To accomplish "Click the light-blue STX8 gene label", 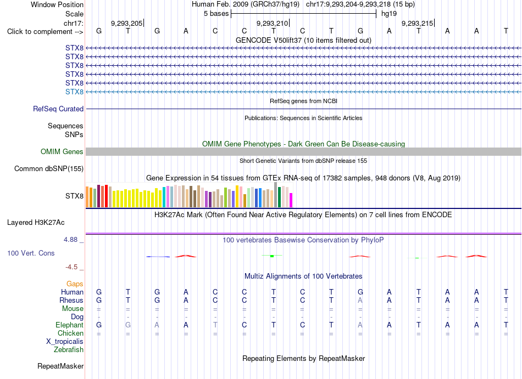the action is (x=74, y=92).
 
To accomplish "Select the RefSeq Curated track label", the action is (x=58, y=109).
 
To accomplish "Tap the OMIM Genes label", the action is (x=62, y=152).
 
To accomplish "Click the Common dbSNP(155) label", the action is (x=49, y=169).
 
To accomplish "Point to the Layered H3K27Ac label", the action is (x=36, y=223).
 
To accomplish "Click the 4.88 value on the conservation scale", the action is (x=70, y=240).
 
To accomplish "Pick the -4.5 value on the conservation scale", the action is (x=71, y=267).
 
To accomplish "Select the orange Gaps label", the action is (x=75, y=284).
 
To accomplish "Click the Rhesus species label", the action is (x=71, y=300).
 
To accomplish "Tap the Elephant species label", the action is (x=69, y=325).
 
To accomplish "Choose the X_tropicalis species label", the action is (x=65, y=342).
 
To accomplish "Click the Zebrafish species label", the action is (x=69, y=350).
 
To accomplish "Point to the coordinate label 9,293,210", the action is (x=272, y=23).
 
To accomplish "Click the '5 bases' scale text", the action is (x=216, y=14).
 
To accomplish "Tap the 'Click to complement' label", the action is (x=45, y=32).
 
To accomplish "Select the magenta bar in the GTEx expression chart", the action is (x=291, y=200).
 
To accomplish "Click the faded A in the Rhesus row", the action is (x=360, y=300).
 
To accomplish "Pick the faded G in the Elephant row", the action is (x=128, y=325).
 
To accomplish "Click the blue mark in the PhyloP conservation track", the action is (x=158, y=257).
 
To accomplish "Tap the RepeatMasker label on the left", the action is (x=60, y=366).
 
